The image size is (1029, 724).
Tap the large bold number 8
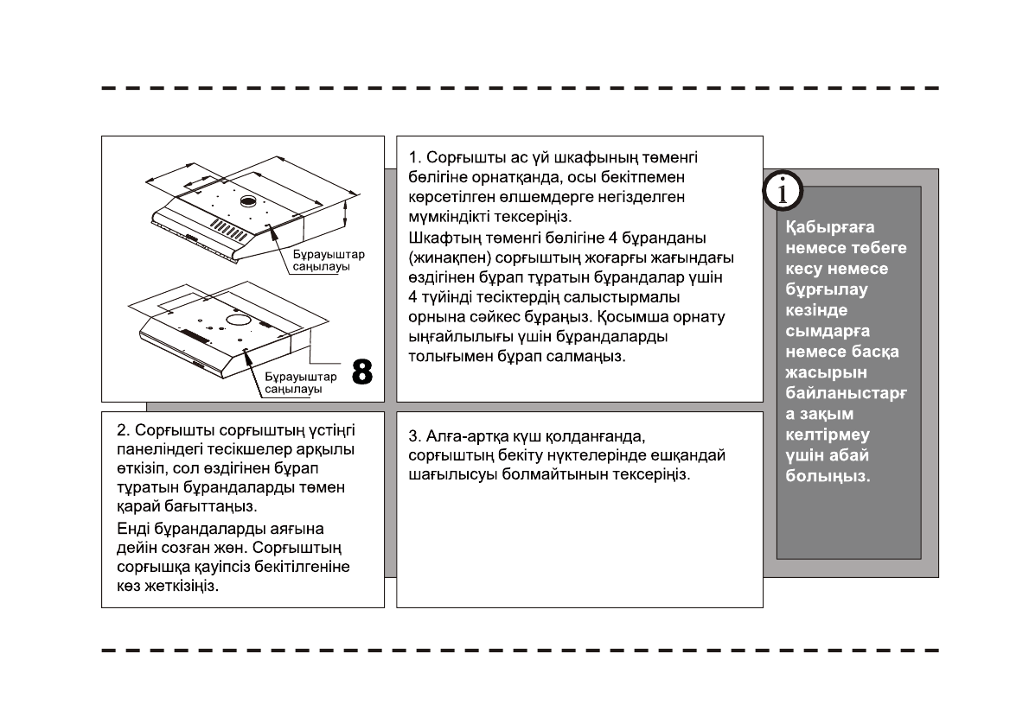point(362,372)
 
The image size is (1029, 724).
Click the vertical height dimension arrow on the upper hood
point(346,212)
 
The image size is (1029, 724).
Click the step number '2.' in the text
point(122,429)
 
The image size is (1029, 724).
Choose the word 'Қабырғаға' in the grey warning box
point(818,228)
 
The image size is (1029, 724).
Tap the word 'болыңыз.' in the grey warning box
point(828,476)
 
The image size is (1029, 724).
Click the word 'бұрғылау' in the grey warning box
point(814,289)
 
